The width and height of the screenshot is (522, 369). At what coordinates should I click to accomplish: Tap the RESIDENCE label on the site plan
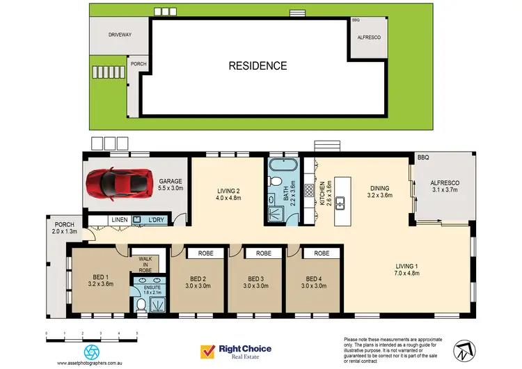[x=258, y=66]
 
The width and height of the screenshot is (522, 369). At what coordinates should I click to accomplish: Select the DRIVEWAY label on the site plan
[x=120, y=34]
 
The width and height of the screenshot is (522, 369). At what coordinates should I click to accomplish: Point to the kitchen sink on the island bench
[x=342, y=203]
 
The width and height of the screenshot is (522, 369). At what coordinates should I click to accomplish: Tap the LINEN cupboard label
[x=119, y=221]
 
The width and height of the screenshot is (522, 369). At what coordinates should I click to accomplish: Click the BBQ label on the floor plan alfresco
[x=424, y=159]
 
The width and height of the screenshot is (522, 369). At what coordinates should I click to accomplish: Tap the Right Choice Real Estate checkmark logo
[x=207, y=352]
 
